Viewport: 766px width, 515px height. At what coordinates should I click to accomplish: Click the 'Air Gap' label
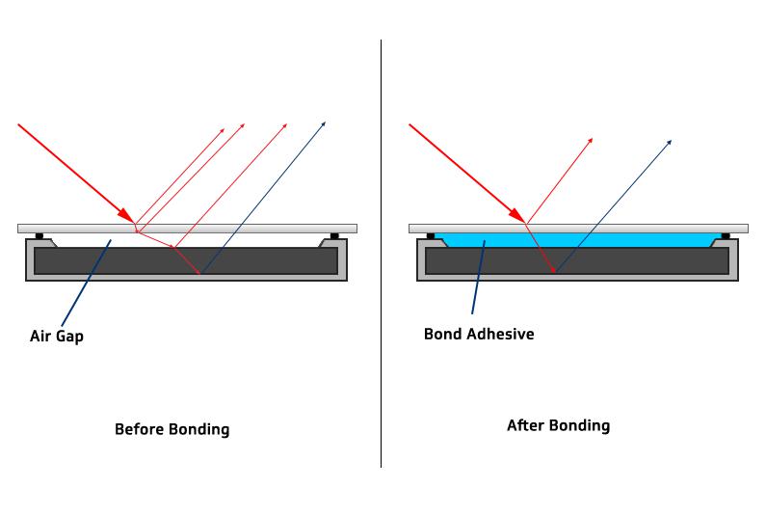click(56, 338)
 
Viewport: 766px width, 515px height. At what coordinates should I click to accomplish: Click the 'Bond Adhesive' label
click(479, 335)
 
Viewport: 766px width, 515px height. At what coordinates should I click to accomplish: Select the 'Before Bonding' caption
click(172, 429)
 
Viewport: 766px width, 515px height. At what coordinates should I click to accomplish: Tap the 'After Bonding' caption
click(558, 425)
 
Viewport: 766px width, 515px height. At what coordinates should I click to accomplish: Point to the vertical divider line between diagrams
click(381, 289)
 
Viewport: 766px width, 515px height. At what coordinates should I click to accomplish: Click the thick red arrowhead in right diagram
click(517, 215)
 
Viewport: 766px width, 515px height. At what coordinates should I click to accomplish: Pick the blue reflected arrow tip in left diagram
click(324, 122)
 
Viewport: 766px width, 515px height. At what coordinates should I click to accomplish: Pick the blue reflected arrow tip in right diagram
click(670, 141)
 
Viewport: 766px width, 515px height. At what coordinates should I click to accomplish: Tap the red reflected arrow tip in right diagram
click(591, 140)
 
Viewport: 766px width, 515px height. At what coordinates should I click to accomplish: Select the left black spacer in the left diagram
click(40, 235)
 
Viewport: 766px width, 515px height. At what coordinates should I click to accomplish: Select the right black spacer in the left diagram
click(334, 235)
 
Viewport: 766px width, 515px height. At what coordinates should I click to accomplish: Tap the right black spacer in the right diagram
click(726, 235)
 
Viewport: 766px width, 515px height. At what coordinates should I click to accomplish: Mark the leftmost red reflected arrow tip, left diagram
click(224, 127)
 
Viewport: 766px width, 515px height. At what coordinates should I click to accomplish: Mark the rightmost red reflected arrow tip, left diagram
click(287, 124)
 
